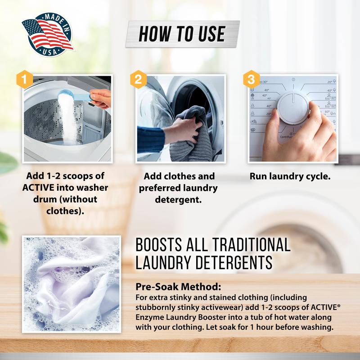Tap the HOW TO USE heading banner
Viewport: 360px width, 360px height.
click(181, 34)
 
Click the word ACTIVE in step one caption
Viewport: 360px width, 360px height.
click(41, 188)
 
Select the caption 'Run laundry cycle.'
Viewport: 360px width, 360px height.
click(290, 176)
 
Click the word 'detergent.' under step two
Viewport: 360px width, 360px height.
click(179, 199)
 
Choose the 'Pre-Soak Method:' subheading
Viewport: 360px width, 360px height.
click(178, 287)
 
